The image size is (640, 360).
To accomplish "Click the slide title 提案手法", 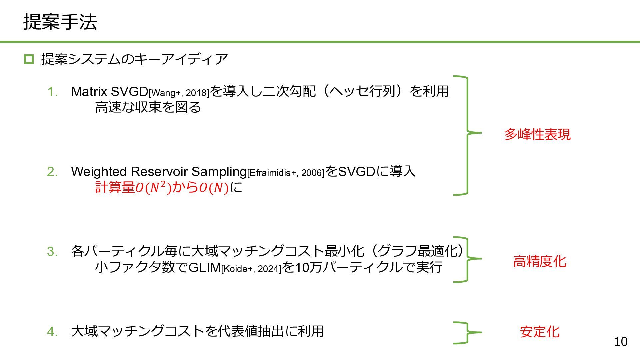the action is pos(60,22).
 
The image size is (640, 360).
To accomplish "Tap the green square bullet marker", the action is pos(29,59).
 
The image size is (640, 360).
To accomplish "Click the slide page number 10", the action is pos(620,341).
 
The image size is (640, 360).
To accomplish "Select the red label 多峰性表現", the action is pos(537,134).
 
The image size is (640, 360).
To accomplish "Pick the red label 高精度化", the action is pos(539,261).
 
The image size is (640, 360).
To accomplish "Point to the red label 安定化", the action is pos(539,332).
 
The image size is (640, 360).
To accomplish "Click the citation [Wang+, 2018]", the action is pos(179,93).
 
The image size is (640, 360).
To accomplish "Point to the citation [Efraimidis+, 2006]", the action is pos(286,173).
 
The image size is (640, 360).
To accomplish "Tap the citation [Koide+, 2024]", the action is pos(251,269).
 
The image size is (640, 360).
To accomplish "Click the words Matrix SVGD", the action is pos(110,91).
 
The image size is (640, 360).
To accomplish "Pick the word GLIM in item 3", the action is pos(204,267).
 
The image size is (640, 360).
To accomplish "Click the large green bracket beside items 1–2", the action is pos(466,135).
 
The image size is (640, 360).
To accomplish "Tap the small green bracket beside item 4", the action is pos(466,332).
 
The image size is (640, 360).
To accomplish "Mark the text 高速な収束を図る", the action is pos(148,107).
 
